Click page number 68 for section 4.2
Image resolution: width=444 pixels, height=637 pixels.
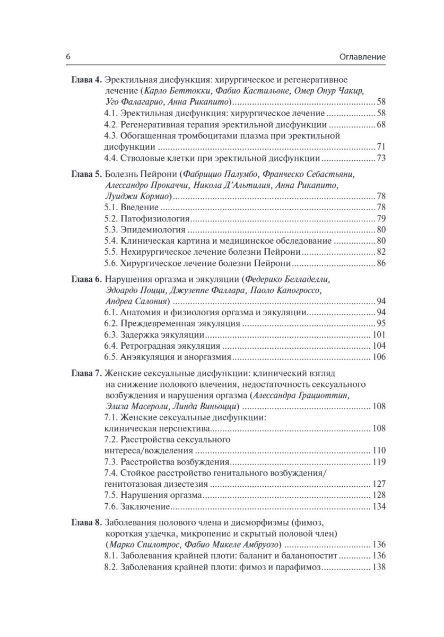(x=380, y=125)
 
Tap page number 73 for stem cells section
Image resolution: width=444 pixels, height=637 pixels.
(x=380, y=158)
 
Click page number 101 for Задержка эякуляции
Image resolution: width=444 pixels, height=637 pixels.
(x=378, y=334)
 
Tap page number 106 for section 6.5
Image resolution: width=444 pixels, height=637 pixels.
(x=378, y=357)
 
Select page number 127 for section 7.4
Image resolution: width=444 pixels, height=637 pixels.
(x=378, y=484)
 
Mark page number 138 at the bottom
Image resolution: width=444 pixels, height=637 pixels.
(x=378, y=566)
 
